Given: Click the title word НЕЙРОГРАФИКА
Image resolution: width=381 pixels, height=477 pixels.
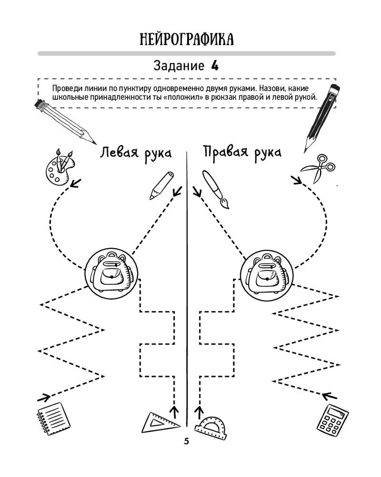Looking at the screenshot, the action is [x=187, y=40].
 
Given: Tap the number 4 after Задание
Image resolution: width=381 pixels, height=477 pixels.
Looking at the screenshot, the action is [x=215, y=66].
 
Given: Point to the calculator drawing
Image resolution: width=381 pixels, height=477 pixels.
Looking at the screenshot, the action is [x=332, y=418].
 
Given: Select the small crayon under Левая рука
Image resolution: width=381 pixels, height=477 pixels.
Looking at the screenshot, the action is [x=161, y=185].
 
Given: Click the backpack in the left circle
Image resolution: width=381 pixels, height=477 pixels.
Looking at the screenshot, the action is [x=110, y=272].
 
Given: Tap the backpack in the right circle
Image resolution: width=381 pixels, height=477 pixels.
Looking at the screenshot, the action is [x=267, y=272].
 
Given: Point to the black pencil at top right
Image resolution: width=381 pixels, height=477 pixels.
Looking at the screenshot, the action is [x=321, y=119].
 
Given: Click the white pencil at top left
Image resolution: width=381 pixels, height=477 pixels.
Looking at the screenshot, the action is [x=65, y=122].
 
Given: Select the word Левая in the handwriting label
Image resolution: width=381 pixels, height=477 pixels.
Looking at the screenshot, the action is [x=120, y=153].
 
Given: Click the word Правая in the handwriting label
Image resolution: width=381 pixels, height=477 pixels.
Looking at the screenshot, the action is [x=225, y=152].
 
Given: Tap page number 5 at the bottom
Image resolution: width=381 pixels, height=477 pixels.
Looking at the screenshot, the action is [x=186, y=441].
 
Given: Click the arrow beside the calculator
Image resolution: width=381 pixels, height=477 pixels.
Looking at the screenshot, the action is [x=330, y=396].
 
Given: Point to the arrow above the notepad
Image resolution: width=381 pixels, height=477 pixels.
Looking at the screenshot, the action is [x=44, y=397].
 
